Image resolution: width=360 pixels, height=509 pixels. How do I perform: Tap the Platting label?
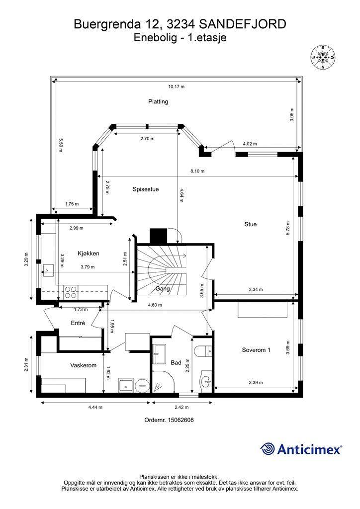[x=158, y=101]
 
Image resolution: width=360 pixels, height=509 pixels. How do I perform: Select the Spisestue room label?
[x=146, y=189]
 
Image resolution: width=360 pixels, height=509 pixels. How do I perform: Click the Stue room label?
[x=250, y=224]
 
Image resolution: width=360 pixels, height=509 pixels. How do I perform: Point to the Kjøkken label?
[x=89, y=254]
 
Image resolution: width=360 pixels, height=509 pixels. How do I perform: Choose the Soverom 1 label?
[x=256, y=350]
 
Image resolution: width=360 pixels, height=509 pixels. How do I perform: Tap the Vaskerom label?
[x=84, y=365]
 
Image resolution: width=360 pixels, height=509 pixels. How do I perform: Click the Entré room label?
[x=78, y=323]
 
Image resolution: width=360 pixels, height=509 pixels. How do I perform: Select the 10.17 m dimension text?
[x=176, y=86]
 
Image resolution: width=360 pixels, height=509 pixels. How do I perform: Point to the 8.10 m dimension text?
[x=197, y=171]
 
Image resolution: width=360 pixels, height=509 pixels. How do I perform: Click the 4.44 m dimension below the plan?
[x=95, y=407]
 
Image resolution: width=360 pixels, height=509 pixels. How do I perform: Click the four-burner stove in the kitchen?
[x=71, y=292]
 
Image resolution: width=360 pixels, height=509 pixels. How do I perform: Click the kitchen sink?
[x=49, y=269]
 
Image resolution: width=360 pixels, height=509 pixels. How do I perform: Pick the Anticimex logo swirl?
[x=268, y=449]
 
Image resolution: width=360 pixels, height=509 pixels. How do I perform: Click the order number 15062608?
[x=169, y=420]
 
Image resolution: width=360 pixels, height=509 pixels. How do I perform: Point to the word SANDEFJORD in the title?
[x=242, y=24]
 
